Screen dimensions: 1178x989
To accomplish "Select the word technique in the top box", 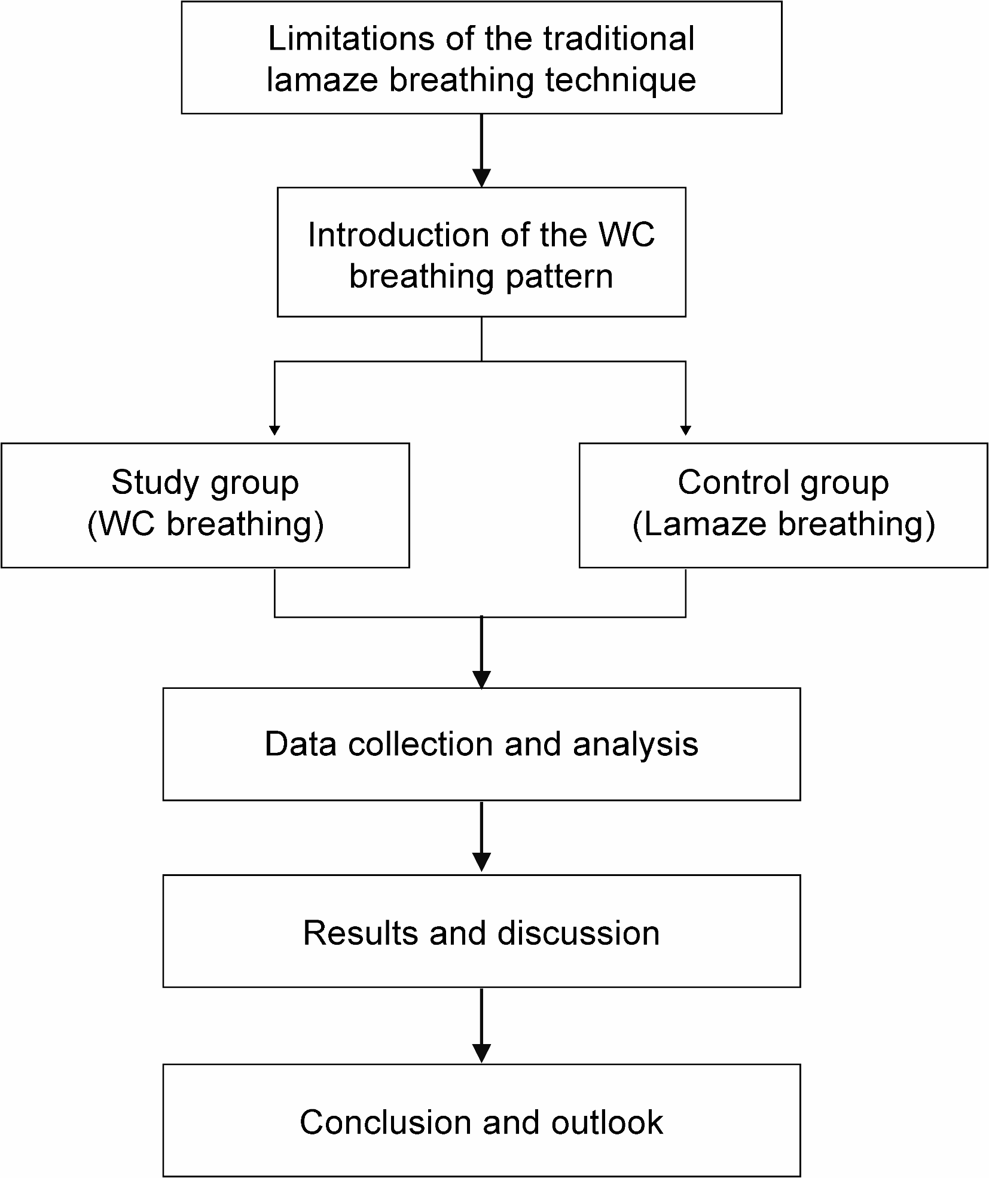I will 621,80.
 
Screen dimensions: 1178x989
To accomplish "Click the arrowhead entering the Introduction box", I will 481,178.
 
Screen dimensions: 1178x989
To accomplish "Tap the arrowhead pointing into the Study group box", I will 274,430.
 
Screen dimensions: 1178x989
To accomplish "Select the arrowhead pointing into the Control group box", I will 686,430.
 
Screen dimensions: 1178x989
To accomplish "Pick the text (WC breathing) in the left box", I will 205,524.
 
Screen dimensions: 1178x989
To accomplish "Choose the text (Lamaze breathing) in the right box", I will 783,524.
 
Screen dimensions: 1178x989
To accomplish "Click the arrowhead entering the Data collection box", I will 481,679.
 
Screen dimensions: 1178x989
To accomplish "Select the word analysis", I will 636,744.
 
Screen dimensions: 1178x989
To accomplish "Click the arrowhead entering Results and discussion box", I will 481,862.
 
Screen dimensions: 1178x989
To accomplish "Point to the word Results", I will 360,933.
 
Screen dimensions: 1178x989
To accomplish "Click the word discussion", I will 578,933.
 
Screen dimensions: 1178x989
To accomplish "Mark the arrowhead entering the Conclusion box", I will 481,1053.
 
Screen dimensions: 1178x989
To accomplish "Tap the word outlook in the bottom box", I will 607,1122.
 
